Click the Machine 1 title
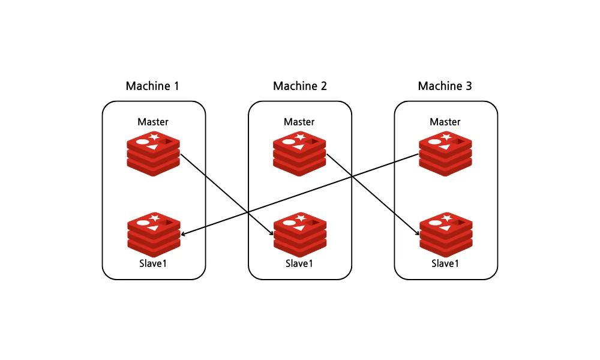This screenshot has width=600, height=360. [x=152, y=86]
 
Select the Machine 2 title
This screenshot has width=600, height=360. [x=300, y=86]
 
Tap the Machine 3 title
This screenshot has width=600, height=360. [x=445, y=86]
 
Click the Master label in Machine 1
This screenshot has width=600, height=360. [x=153, y=122]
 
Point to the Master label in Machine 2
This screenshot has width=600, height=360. [x=299, y=122]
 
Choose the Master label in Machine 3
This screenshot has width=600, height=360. [x=445, y=122]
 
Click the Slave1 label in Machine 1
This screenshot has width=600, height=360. [x=153, y=263]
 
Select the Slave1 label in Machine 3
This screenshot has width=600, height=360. [x=445, y=263]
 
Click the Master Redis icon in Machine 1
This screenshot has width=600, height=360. [x=154, y=154]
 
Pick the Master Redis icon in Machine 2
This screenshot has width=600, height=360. [x=299, y=154]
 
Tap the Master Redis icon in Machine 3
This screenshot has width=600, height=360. [x=445, y=154]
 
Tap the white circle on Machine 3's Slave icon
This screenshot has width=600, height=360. [x=435, y=223]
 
